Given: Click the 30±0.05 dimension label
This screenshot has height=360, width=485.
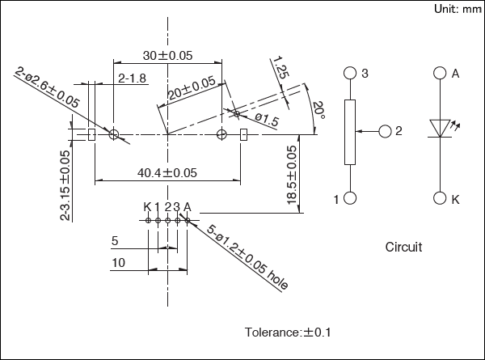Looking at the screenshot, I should [x=168, y=55].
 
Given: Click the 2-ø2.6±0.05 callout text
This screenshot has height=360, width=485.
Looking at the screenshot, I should [x=47, y=89].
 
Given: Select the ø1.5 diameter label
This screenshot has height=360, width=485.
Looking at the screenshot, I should [x=266, y=120].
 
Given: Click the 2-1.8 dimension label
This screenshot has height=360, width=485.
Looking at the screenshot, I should [x=132, y=78].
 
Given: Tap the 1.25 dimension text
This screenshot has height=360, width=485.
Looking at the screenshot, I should [x=281, y=67].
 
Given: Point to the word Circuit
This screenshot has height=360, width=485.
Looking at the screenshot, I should [x=403, y=247].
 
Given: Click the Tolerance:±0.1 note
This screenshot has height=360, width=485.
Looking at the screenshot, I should [x=288, y=332].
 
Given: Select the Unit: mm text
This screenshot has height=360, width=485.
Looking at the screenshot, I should [x=458, y=9].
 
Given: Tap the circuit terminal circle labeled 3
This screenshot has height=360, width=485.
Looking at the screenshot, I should [x=350, y=73].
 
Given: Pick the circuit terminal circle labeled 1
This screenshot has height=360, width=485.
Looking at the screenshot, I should [x=350, y=198].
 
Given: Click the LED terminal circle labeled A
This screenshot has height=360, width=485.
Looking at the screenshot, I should [x=441, y=73].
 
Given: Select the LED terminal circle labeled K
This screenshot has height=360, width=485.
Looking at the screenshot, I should [x=441, y=198].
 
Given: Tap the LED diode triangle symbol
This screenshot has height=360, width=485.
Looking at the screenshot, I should [x=441, y=128].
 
